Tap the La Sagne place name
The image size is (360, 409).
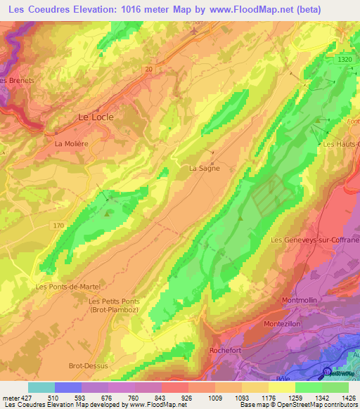205,168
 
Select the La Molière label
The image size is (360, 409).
71,143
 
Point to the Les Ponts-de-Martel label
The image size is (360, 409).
68,287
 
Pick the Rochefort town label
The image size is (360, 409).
226,350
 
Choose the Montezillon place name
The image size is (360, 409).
283,323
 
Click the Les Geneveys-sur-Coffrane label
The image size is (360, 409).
315,240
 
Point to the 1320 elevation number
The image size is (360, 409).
345,60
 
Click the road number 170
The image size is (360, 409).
58,225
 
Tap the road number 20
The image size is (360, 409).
148,69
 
